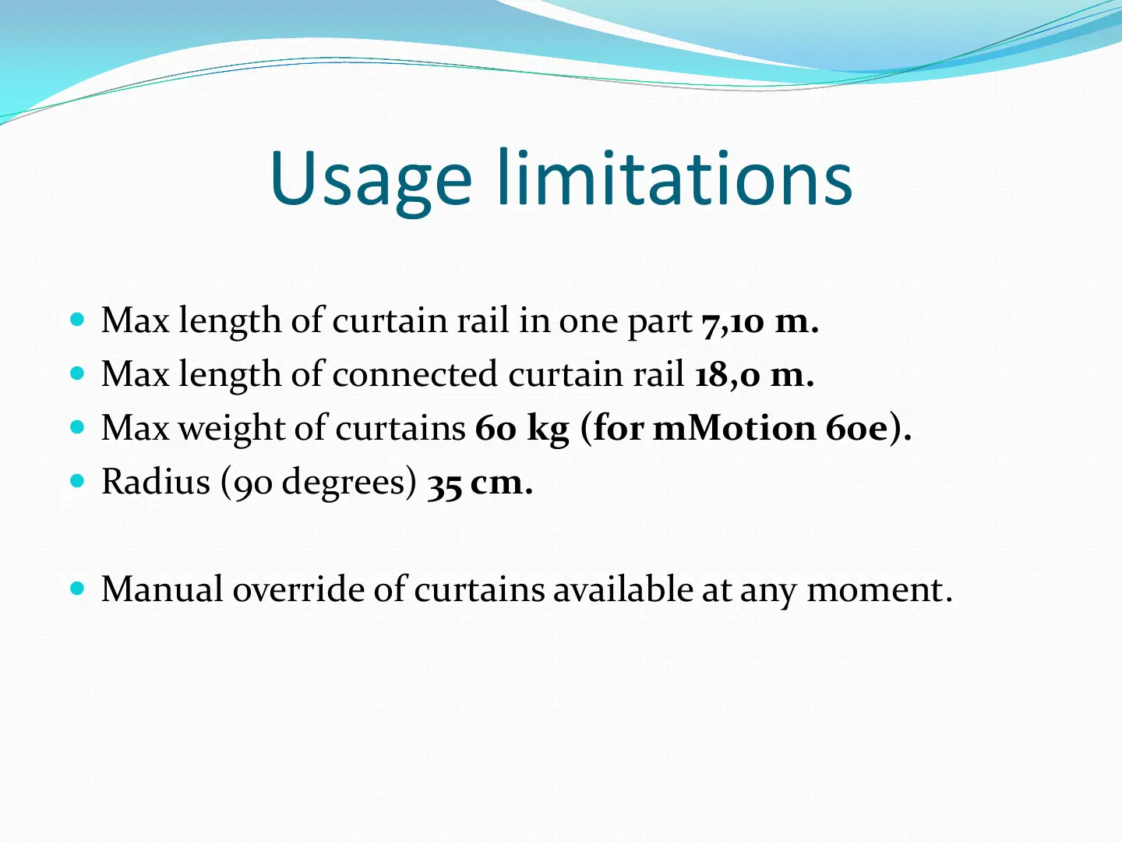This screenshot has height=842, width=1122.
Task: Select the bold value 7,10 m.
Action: (x=760, y=322)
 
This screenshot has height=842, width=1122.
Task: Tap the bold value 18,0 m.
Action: (x=754, y=375)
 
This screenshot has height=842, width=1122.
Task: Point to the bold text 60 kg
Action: (x=521, y=430)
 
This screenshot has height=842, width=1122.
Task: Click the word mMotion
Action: (x=734, y=428)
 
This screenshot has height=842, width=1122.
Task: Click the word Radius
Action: (x=155, y=481)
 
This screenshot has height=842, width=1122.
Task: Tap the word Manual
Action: (x=162, y=589)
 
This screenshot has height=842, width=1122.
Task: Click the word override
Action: (x=298, y=589)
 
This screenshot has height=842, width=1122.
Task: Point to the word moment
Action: (x=880, y=591)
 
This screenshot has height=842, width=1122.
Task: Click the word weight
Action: (x=231, y=429)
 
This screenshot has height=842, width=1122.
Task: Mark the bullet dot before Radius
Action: (x=77, y=481)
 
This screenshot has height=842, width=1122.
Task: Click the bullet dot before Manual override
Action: (x=77, y=589)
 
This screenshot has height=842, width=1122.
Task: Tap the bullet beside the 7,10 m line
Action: (x=77, y=320)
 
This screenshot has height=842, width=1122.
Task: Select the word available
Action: (x=623, y=589)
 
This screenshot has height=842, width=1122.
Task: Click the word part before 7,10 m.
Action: (x=660, y=324)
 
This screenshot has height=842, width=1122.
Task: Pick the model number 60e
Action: (x=857, y=429)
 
